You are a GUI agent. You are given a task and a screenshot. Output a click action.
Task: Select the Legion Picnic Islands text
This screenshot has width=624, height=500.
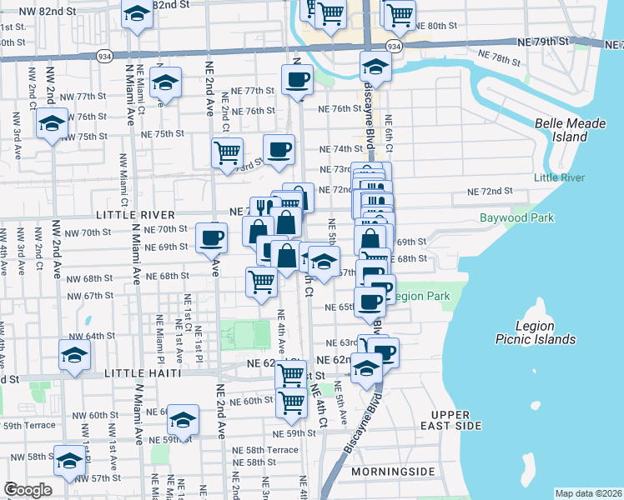pos(546,332)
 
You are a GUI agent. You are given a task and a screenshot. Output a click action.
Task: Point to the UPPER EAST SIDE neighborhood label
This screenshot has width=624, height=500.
pos(456,420)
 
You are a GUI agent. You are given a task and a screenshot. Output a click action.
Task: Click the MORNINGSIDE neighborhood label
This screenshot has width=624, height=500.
pos(394,472)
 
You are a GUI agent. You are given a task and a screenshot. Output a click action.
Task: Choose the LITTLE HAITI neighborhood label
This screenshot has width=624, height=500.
pos(143,374)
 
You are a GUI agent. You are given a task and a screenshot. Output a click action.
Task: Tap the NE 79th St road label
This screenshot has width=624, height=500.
pos(547,41)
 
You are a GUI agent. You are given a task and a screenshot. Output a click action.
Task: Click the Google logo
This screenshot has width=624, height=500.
pos(28,490)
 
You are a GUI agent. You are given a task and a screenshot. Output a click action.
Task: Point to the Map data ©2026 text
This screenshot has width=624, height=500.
pos(587,492)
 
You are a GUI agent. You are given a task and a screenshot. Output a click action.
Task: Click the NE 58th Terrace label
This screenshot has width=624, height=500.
pos(265,449)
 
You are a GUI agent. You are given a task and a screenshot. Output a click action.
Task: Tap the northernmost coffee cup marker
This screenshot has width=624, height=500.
pos(296,80)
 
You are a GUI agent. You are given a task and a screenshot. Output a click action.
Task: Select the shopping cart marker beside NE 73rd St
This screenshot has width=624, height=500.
pos(227,153)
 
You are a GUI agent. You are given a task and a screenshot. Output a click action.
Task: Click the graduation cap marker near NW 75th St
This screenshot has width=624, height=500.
pos(53,125)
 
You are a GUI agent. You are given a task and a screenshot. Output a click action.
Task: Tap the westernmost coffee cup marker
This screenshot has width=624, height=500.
pos(211,237)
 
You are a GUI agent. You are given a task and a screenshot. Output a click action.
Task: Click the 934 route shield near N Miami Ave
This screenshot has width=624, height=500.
pos(104,56)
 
